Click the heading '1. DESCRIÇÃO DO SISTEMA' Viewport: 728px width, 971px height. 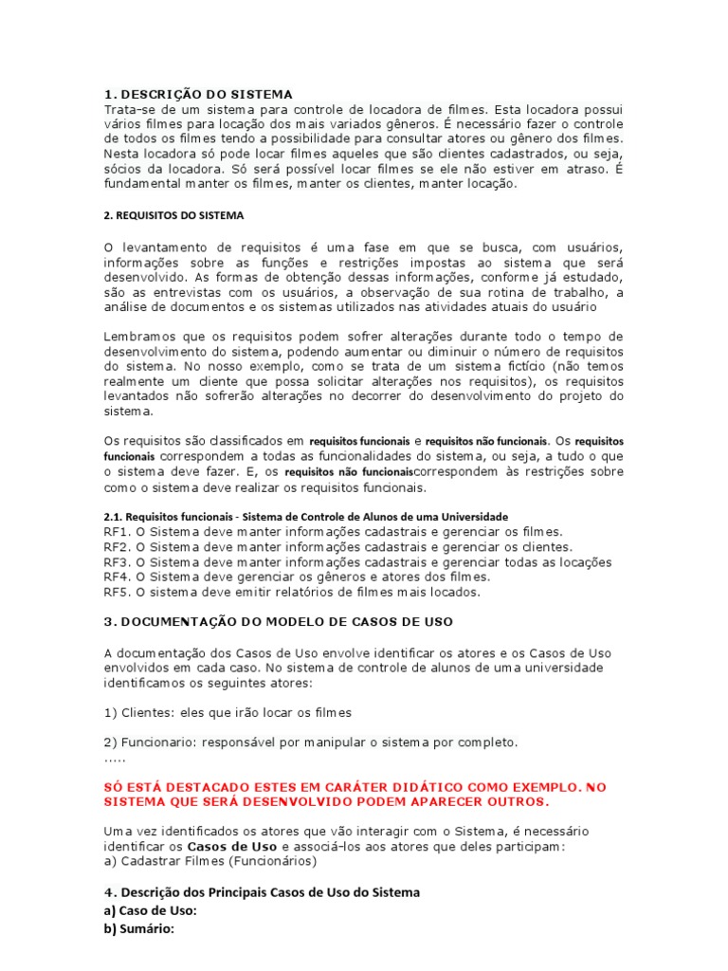198,94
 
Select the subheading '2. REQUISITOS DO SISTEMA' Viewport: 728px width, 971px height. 173,215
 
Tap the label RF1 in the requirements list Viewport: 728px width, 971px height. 116,532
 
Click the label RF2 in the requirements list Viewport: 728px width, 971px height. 116,547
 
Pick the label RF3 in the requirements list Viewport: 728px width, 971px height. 116,562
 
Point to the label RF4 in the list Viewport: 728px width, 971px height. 116,577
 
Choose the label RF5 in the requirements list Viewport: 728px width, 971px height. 116,592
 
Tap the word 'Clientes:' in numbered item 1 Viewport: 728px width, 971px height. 145,711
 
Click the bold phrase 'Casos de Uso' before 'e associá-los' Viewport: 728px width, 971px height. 232,846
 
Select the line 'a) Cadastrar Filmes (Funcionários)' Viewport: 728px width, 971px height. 210,861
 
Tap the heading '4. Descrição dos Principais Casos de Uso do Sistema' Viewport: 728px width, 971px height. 261,892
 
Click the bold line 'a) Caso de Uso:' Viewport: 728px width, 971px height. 150,910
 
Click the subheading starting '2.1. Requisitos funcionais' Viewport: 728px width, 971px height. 305,517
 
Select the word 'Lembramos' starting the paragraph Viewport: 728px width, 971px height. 136,337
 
